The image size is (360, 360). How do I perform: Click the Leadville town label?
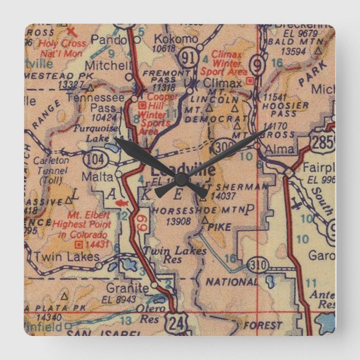click(174, 169)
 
